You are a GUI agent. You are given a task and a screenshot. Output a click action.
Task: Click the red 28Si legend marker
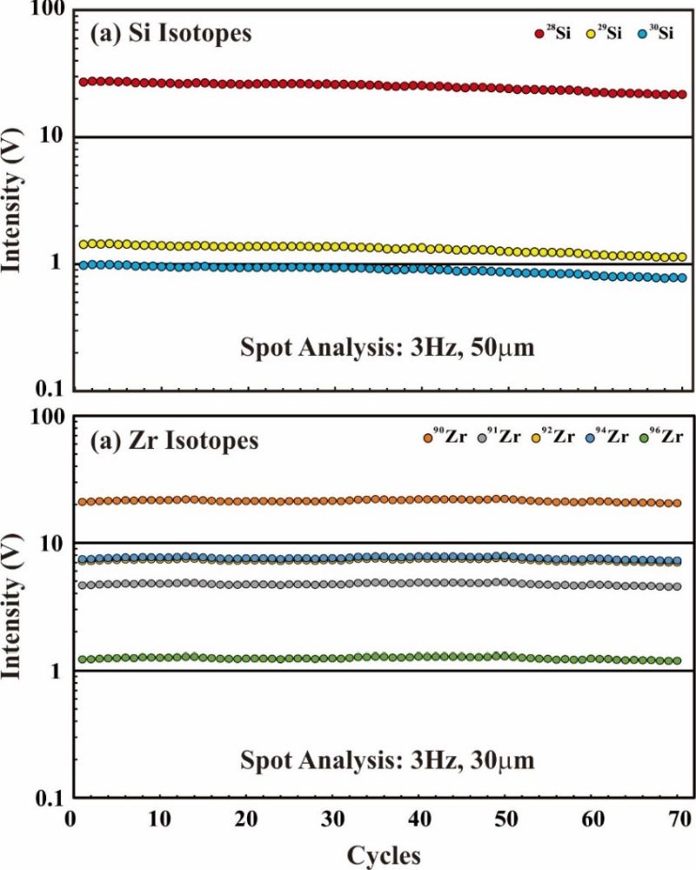click(x=539, y=34)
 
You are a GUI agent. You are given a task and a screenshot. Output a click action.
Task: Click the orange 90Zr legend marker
click(x=427, y=437)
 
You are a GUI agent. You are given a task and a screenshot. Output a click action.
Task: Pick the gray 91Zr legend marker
click(x=483, y=437)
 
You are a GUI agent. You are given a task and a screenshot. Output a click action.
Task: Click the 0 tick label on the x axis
click(x=71, y=820)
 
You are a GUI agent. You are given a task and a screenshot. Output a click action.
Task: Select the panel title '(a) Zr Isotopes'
click(x=174, y=441)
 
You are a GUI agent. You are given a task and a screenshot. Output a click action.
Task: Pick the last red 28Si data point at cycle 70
click(x=682, y=94)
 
